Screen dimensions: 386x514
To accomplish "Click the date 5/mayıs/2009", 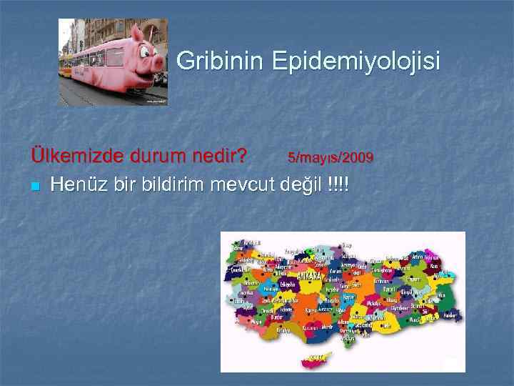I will click(330, 157).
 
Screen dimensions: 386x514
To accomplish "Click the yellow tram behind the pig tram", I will click(66, 68).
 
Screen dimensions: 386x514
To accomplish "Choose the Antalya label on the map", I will click(283, 330).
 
